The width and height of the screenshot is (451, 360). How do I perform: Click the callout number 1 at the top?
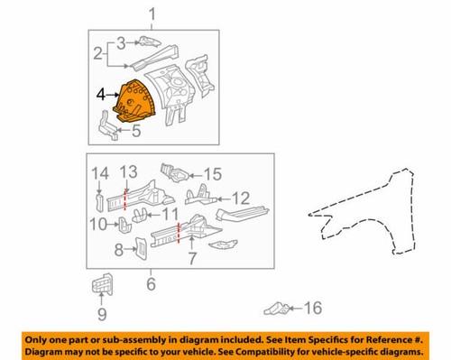point(152,13)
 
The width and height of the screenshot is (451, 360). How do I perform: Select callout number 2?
point(97,54)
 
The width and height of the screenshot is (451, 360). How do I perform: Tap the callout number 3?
point(121,42)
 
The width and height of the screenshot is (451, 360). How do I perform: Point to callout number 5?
point(135,131)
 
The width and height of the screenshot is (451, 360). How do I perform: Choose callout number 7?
point(190,260)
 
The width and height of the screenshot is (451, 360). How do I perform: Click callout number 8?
point(119,250)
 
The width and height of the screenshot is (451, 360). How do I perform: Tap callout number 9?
point(101,313)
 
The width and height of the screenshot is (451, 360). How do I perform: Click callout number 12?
point(241,198)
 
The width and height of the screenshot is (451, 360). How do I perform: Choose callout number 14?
point(100,171)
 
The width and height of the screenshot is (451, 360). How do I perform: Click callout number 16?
point(311,309)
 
